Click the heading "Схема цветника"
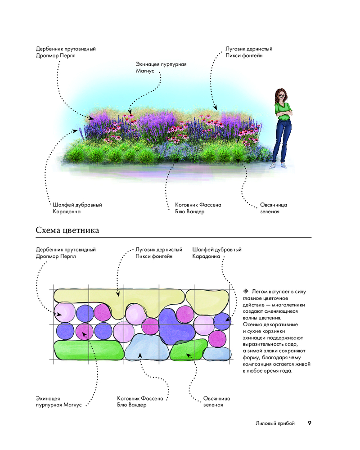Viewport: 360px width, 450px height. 67,230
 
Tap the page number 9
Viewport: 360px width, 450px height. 310,423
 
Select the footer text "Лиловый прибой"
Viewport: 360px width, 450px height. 275,423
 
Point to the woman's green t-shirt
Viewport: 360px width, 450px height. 283,111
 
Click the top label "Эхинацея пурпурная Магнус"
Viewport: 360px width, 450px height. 161,67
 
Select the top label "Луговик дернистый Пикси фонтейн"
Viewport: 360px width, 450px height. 249,52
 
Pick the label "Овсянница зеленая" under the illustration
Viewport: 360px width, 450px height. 273,208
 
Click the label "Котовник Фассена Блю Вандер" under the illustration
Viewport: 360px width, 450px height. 198,208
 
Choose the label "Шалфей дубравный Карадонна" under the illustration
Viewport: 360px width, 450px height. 77,208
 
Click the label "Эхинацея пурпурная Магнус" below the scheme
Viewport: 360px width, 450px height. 58,401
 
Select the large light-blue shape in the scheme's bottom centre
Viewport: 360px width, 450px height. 146,347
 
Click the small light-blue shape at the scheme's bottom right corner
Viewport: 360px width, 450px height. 217,354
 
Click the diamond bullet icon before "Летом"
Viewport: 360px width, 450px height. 246,291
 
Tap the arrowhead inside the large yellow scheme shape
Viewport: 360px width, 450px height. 118,294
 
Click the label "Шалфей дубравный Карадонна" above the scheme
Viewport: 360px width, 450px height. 217,253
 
